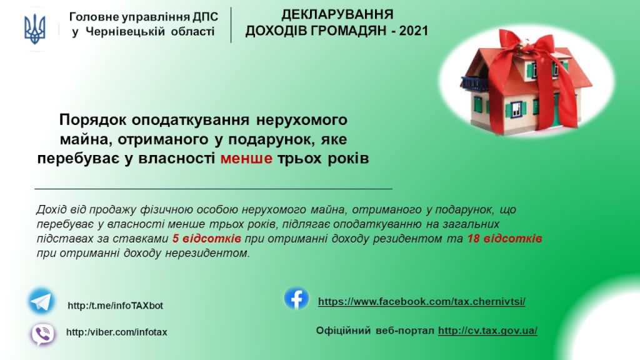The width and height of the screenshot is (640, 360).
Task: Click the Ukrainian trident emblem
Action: [x=35, y=29]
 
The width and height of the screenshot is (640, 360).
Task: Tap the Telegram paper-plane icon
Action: [x=41, y=302]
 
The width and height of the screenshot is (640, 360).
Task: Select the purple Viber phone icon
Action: [x=42, y=334]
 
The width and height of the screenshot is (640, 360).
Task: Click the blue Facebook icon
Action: [x=296, y=298]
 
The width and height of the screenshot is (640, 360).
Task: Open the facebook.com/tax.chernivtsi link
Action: [x=422, y=302]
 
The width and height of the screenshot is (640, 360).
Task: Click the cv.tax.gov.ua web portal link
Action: [x=487, y=330]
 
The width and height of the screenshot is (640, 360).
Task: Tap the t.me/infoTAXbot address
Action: [x=116, y=305]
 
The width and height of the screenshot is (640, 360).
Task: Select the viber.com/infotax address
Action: [x=117, y=332]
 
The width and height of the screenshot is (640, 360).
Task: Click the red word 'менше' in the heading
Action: [x=246, y=158]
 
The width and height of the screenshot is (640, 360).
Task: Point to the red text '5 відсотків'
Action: [x=206, y=238]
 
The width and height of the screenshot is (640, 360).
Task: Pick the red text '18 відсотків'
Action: [x=504, y=238]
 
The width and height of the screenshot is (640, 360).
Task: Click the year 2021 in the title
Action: [x=414, y=31]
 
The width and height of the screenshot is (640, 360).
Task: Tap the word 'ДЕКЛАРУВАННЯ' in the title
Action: [x=337, y=14]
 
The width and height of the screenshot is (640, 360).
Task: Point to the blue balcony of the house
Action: [x=475, y=83]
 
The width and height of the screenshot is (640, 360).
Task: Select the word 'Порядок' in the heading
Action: [x=93, y=120]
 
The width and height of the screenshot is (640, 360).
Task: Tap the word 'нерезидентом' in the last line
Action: [x=207, y=253]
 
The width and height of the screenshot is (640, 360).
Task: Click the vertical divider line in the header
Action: [x=231, y=25]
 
